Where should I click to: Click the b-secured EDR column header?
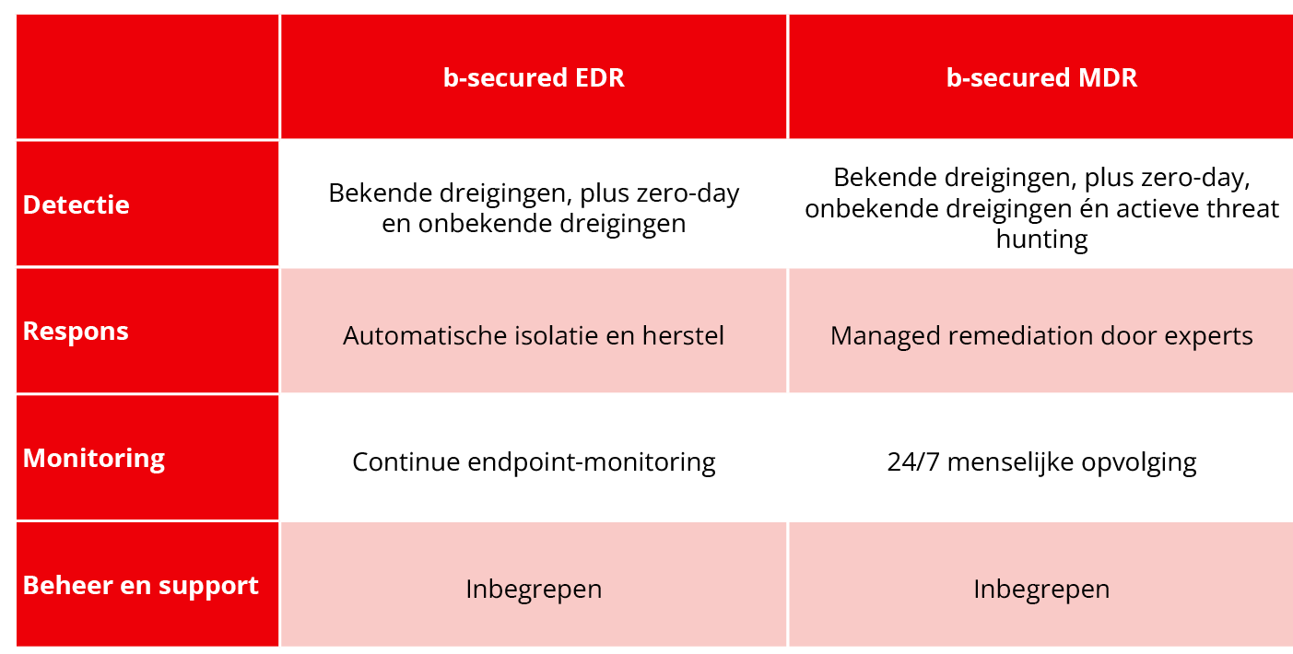coord(534,77)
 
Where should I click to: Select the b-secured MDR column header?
coord(1041,77)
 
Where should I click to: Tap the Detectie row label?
coord(76,204)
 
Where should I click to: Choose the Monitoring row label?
coord(93,459)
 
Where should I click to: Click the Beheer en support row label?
coord(140,586)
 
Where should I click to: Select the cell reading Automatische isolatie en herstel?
coord(534,335)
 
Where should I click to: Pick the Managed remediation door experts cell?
coord(1041,336)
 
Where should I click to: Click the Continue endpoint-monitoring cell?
coord(534,462)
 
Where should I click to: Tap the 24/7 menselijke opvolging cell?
coord(1041,462)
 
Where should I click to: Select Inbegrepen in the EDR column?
coord(534,590)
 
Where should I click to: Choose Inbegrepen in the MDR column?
coord(1041,590)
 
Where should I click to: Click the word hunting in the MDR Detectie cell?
coord(1041,239)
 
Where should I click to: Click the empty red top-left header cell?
coord(147,76)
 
